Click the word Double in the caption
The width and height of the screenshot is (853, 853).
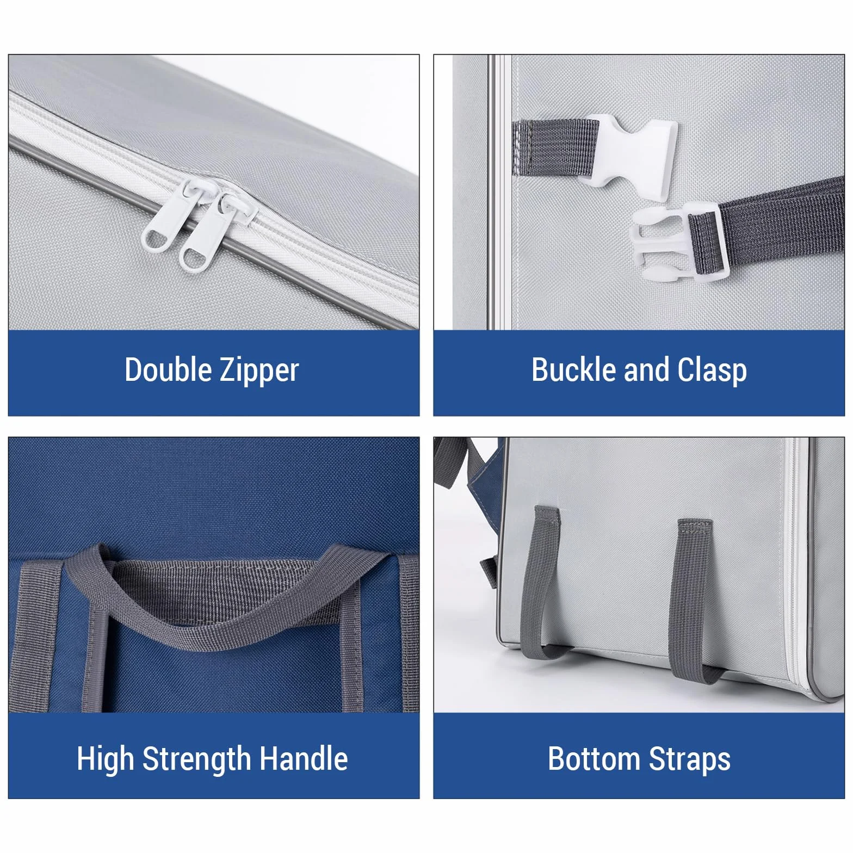click(168, 370)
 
